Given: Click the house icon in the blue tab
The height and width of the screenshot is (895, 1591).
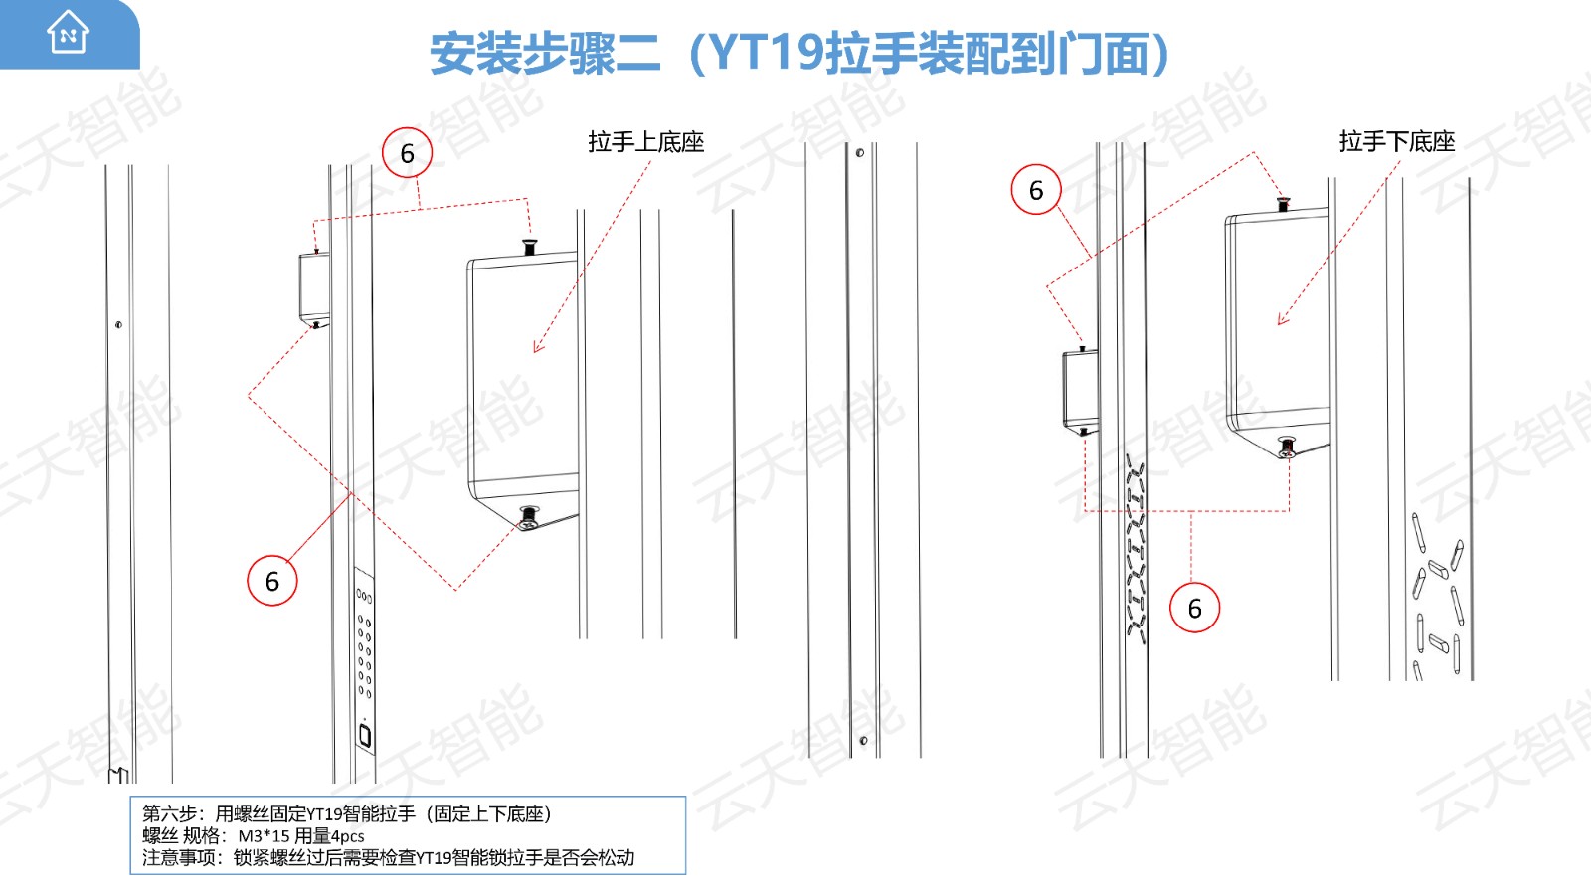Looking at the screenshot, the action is pos(69,32).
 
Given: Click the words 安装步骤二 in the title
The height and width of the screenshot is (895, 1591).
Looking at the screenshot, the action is pos(546,54).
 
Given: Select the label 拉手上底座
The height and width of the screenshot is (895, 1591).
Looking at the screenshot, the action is pos(645,142).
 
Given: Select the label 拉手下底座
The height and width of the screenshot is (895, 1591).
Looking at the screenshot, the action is pos(1396,141).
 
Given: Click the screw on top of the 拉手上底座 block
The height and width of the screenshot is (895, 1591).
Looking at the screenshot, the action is pos(529,248).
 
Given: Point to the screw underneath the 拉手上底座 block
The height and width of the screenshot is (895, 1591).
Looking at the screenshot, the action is pos(528,517).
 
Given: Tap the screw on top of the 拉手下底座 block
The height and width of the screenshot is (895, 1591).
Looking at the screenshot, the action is pos(1283,205).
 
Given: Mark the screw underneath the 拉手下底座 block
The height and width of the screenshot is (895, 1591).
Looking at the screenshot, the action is pos(1287,447).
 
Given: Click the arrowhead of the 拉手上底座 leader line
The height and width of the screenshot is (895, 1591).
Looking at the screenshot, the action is pos(537,347).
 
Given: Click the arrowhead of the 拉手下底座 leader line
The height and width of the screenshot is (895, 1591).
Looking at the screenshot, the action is pos(1282,319).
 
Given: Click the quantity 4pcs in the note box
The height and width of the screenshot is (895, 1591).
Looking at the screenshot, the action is pos(347,836).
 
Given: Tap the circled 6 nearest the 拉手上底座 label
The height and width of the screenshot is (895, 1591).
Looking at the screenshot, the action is pos(407,153).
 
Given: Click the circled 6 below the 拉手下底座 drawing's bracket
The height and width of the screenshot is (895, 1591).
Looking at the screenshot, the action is pos(1194,608).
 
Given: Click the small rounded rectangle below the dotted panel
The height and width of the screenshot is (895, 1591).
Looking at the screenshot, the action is pos(365,736).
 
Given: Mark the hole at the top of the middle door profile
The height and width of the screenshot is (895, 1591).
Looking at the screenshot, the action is pos(859,153).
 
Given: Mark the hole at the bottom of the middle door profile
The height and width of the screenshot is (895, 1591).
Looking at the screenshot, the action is pos(863,741).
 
